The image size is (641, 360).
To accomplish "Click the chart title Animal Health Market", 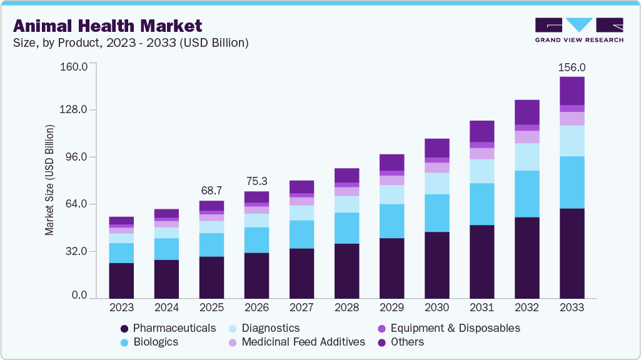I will click(107, 26).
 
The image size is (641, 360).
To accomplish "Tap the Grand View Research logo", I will click(578, 30).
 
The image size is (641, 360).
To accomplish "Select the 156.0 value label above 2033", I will click(572, 67).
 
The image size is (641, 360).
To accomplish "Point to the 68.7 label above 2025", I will click(211, 190).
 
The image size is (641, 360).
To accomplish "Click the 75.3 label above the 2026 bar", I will click(256, 181).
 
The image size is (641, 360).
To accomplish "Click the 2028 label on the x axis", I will click(346, 308).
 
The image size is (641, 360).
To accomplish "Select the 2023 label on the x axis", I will click(121, 308).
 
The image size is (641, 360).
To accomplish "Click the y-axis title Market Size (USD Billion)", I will click(49, 180).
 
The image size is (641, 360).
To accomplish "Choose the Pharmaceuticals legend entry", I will click(168, 328).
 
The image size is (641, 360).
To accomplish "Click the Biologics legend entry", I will click(149, 342).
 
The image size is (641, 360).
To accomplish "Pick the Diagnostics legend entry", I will click(263, 328).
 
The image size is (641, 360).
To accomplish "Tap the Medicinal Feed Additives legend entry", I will click(296, 342).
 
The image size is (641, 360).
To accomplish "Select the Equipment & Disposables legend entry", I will click(448, 328).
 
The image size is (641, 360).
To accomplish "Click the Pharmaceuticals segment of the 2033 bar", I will click(572, 253).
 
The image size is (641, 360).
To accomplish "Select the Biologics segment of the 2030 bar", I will click(437, 213).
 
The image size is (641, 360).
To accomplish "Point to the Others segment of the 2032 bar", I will click(527, 112).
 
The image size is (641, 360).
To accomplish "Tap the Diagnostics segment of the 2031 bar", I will click(482, 171).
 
